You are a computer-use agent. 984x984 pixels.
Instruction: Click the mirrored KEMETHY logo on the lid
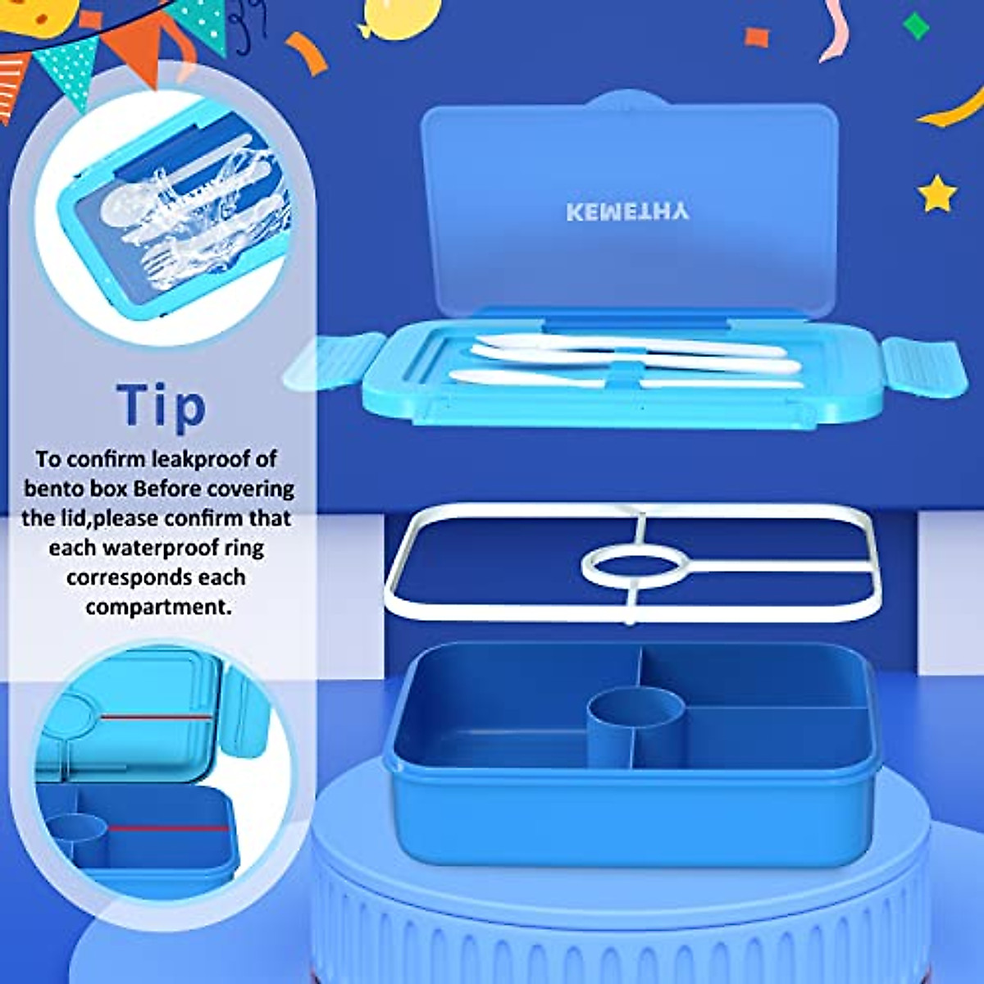[x=627, y=212]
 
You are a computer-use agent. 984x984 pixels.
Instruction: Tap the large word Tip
[x=162, y=405]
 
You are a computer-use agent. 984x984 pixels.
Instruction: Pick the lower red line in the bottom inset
[x=168, y=827]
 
